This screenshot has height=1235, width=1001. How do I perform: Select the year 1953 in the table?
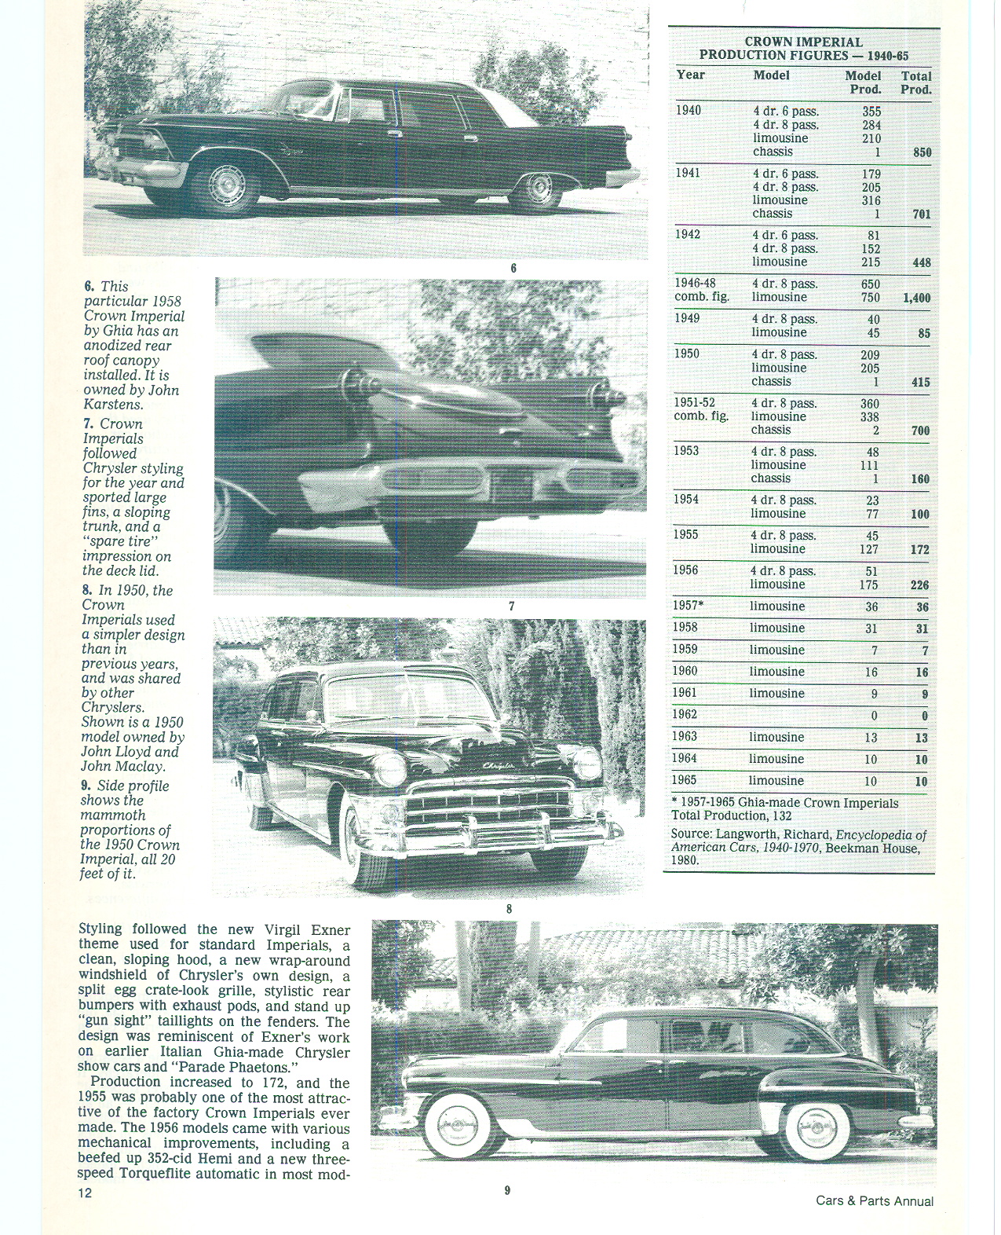[685, 452]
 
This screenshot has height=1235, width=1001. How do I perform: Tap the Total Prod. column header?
[915, 82]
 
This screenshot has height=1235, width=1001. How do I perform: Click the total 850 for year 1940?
[922, 152]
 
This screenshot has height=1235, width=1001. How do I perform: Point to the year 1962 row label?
[685, 715]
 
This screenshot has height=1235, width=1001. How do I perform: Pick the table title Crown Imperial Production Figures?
[803, 49]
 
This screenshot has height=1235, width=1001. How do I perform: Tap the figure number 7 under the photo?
[511, 606]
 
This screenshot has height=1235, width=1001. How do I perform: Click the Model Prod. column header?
[863, 82]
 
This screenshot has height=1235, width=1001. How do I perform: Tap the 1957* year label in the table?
[688, 607]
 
